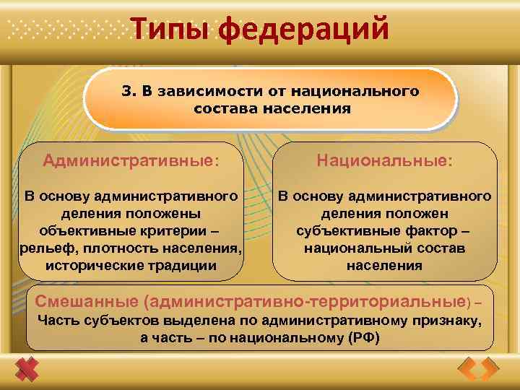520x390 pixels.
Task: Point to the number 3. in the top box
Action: point(128,92)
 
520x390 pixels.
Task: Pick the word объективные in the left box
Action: point(84,230)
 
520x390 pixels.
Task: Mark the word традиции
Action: point(181,265)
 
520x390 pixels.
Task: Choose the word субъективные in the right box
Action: point(343,230)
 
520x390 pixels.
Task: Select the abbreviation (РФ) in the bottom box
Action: point(365,337)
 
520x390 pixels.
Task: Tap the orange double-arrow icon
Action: point(478,370)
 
